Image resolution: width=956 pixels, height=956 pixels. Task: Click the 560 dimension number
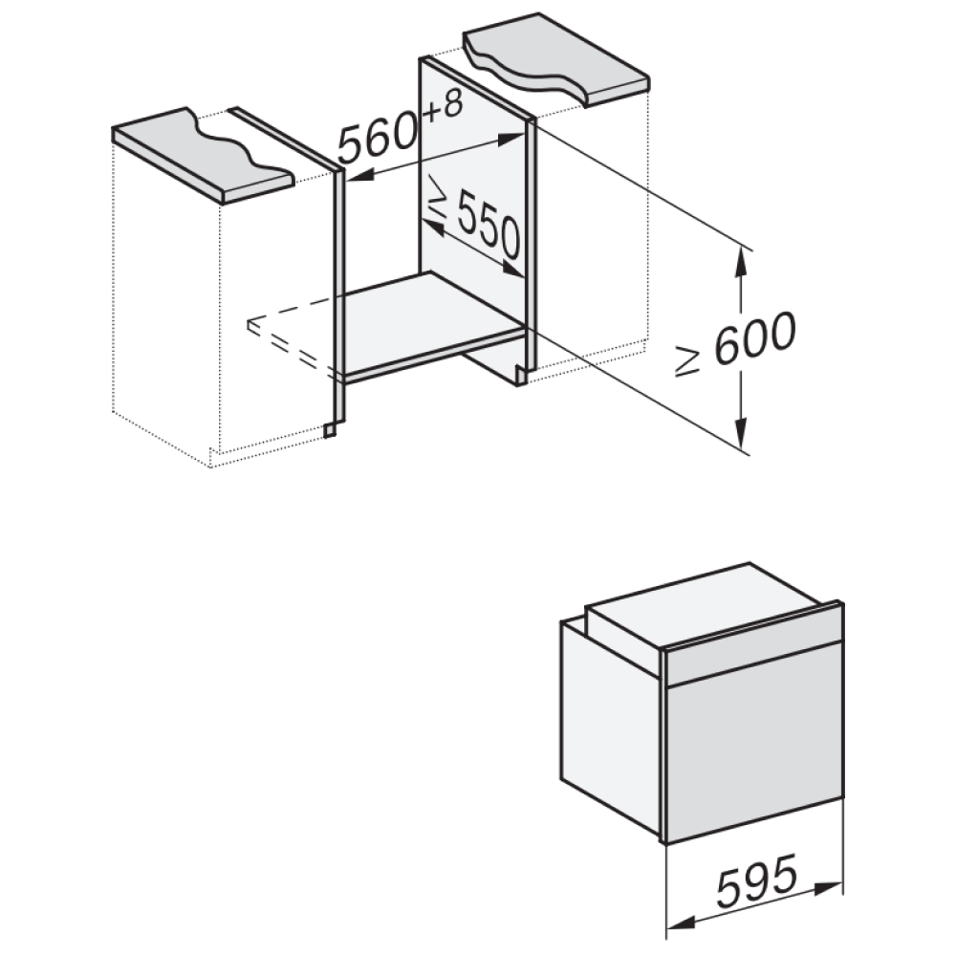pyautogui.click(x=379, y=139)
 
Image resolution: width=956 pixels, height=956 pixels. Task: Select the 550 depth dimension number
pyautogui.click(x=489, y=223)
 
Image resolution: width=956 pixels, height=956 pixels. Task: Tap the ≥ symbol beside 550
pyautogui.click(x=438, y=196)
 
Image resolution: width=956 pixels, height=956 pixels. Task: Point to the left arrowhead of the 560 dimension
pyautogui.click(x=360, y=177)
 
